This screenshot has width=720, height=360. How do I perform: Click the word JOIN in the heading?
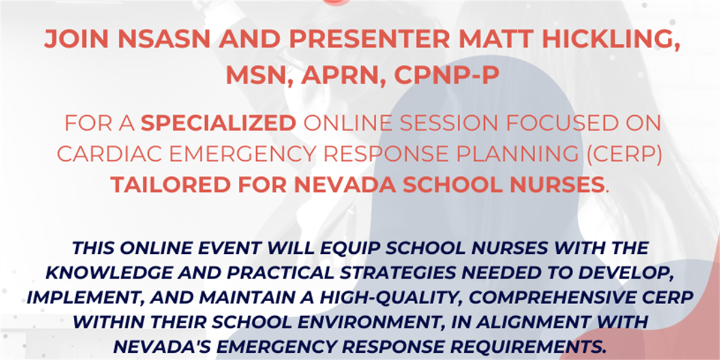click(x=76, y=38)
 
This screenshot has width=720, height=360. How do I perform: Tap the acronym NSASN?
click(x=164, y=38)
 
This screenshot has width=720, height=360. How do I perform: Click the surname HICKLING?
click(x=611, y=39)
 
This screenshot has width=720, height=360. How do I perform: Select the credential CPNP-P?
click(x=447, y=75)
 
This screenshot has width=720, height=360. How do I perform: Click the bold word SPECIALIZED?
click(x=218, y=123)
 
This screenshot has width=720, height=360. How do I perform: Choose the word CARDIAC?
click(x=109, y=154)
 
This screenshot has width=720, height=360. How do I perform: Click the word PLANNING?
click(x=517, y=154)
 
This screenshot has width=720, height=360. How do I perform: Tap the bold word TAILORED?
click(x=170, y=185)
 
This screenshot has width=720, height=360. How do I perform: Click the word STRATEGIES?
click(x=398, y=273)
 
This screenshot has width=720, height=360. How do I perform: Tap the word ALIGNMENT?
click(x=533, y=322)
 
